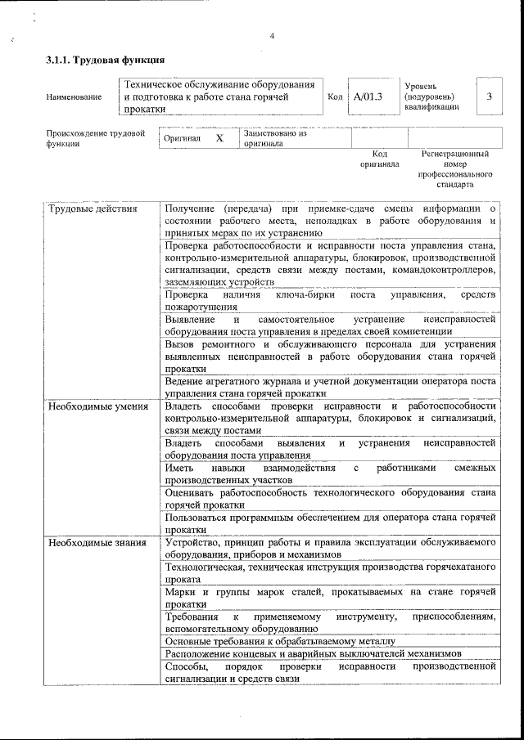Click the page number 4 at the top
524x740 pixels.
pyautogui.click(x=272, y=35)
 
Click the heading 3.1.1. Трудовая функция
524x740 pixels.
pyautogui.click(x=106, y=60)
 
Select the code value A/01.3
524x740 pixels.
pyautogui.click(x=368, y=96)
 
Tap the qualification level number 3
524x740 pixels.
pyautogui.click(x=489, y=96)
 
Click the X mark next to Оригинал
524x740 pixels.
pyautogui.click(x=219, y=139)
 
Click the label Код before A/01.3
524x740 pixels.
pyautogui.click(x=334, y=97)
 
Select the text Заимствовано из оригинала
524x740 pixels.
pyautogui.click(x=274, y=138)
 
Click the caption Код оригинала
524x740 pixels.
pyautogui.click(x=380, y=159)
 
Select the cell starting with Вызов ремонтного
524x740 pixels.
pyautogui.click(x=330, y=356)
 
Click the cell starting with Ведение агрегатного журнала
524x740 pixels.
pyautogui.click(x=330, y=387)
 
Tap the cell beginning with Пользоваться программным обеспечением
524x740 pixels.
pyautogui.click(x=330, y=523)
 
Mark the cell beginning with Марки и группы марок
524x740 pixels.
pyautogui.click(x=330, y=596)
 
